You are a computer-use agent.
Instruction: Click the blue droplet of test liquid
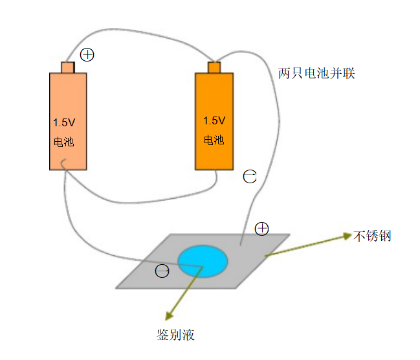click(203, 261)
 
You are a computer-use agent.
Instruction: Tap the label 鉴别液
click(175, 335)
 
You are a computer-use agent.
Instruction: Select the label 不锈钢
click(373, 236)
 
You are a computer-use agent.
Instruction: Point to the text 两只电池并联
click(316, 73)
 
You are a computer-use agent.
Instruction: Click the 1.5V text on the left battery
click(64, 122)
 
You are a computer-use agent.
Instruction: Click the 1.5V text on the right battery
click(214, 120)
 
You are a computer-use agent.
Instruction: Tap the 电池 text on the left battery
click(63, 142)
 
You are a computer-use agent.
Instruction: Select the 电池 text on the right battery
click(214, 140)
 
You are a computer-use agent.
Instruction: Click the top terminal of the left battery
click(68, 67)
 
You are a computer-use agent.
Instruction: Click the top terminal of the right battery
click(214, 67)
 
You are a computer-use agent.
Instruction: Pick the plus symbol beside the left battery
click(87, 55)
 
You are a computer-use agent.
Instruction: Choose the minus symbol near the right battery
click(250, 175)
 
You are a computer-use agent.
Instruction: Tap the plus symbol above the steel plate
click(261, 228)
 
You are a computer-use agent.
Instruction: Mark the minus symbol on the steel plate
click(162, 271)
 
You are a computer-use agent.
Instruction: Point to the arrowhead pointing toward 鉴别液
click(169, 316)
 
